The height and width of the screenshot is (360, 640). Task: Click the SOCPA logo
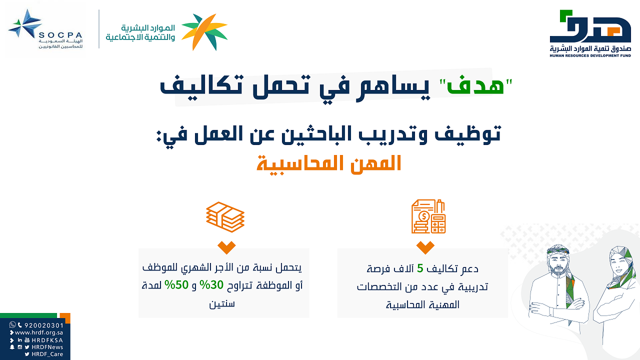(45, 29)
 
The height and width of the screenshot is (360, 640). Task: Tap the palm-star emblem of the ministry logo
(204, 32)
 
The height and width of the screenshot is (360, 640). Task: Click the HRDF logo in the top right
(590, 33)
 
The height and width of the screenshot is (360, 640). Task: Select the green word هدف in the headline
(475, 85)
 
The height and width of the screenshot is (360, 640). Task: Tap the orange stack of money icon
(225, 217)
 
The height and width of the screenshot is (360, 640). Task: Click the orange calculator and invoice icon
(428, 216)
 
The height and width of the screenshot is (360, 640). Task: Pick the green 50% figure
(176, 285)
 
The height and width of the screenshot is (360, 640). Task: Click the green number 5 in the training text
(419, 268)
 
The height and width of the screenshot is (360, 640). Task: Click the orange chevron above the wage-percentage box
(226, 247)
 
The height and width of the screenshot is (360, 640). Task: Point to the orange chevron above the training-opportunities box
(425, 247)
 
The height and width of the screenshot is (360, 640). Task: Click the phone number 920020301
(43, 325)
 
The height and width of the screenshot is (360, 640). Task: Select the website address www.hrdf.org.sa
(38, 332)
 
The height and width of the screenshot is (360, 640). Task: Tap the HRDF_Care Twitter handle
(47, 354)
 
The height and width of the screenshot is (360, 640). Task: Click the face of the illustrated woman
(618, 264)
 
